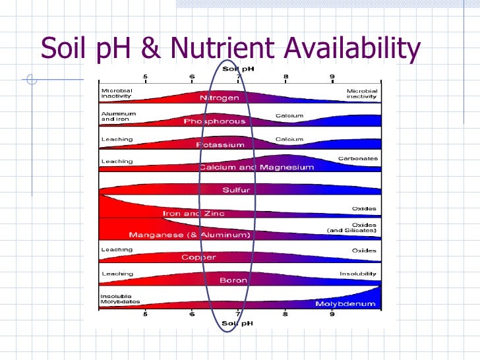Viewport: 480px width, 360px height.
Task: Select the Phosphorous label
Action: click(x=214, y=121)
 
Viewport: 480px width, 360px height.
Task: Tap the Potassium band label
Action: click(x=220, y=144)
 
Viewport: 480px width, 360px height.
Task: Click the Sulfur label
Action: click(x=236, y=191)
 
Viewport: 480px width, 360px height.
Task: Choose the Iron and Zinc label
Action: click(x=189, y=214)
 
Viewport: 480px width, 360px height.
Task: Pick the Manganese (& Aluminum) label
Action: click(x=189, y=235)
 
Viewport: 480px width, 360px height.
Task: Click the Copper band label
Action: click(x=198, y=257)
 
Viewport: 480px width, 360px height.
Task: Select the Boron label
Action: click(x=233, y=280)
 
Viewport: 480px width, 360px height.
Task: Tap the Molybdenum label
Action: click(x=345, y=304)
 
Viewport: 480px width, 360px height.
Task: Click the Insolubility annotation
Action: click(x=358, y=274)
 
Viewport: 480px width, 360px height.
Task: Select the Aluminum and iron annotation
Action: click(x=118, y=117)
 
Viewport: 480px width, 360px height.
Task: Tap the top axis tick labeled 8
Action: click(x=285, y=76)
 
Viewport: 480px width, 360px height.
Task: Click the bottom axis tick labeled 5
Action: click(x=146, y=315)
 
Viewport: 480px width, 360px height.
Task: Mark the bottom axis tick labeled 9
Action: click(x=332, y=315)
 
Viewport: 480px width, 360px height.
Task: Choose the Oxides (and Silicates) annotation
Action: click(x=352, y=227)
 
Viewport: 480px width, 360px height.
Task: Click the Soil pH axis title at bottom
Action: click(x=233, y=322)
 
